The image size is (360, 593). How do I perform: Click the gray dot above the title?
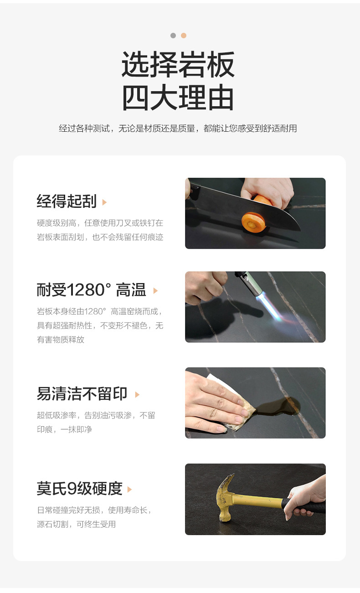[x=173, y=36]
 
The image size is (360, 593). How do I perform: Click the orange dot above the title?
[x=184, y=36]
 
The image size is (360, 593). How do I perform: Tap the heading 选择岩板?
[x=178, y=64]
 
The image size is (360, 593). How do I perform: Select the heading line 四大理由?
[x=178, y=97]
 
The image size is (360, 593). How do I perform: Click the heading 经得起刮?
[x=67, y=201]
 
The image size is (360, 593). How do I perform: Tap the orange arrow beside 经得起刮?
[x=104, y=202]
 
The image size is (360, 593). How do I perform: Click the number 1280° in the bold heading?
[x=89, y=290]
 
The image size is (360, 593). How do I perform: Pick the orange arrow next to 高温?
[x=156, y=291]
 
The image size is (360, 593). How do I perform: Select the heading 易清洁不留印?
[x=82, y=394]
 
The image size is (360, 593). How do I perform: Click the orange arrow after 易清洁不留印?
[x=137, y=395]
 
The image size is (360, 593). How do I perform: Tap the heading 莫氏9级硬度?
[x=80, y=489]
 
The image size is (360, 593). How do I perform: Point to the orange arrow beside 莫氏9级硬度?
[x=129, y=489]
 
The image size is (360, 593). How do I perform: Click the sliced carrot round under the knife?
[x=253, y=222]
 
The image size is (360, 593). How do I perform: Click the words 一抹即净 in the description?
[x=76, y=429]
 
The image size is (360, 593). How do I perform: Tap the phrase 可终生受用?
[x=96, y=524]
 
